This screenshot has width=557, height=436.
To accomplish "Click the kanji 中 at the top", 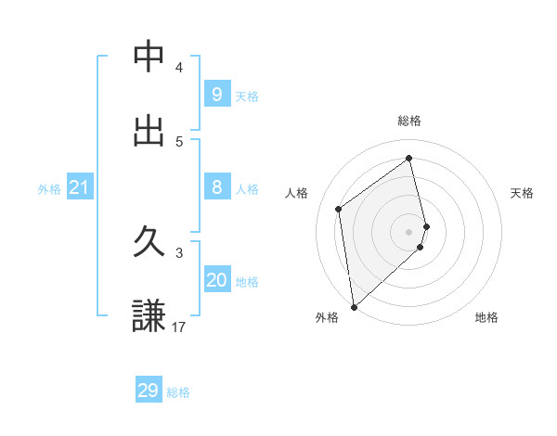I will coord(149,58).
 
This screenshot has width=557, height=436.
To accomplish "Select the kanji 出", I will coord(149,131).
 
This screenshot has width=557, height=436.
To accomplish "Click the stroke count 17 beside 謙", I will coord(179,327).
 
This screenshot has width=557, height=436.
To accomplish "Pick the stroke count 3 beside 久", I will coord(179,252).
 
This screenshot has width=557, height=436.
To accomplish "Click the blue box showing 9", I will coord(216,95).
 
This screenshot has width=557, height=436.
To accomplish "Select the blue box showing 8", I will coord(216,187).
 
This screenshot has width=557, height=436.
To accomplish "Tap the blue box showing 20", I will coord(216,280).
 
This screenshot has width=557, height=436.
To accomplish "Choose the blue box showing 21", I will coord(79,187).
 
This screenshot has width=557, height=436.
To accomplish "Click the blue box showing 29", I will coord(149,391).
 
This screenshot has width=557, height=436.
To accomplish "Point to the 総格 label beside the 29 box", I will coord(178,392).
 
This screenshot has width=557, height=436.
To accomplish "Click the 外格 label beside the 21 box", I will coord(49,189).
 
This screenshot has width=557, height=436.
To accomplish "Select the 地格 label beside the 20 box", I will coord(247,282).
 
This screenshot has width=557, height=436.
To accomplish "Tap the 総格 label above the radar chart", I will coord(409,121).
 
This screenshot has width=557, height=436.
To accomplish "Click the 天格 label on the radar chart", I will coord(522,193).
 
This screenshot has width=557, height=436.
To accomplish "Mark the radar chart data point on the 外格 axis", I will coord(353,306).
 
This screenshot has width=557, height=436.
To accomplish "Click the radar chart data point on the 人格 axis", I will coord(339,209).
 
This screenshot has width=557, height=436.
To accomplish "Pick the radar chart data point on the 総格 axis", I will coord(409,158).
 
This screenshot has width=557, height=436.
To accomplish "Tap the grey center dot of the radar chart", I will coord(409,231).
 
